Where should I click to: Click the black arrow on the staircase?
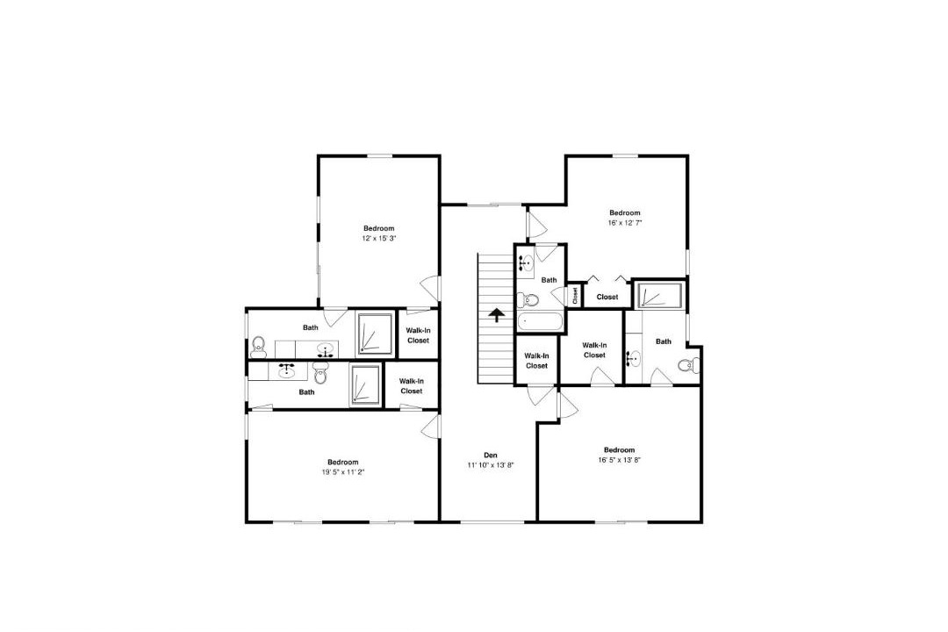[x=496, y=315]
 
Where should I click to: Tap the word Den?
[x=491, y=455]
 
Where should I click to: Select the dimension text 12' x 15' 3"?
[x=379, y=238]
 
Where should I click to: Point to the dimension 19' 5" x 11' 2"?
[x=343, y=471]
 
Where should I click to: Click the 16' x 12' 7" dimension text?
[x=625, y=223]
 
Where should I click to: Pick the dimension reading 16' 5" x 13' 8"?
[x=619, y=460]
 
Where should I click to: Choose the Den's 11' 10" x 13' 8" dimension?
[x=491, y=465]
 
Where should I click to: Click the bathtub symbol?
[x=541, y=321]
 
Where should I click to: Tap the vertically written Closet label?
[x=575, y=295]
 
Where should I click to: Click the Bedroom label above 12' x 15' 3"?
[x=379, y=228]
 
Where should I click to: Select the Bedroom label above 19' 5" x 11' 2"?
[x=343, y=462]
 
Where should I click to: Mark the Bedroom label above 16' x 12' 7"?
[x=625, y=213]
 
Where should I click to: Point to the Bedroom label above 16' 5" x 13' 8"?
[x=619, y=450]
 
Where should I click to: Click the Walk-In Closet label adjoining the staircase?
[x=536, y=361]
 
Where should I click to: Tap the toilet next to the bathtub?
[x=528, y=299]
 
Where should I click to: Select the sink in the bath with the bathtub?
[x=525, y=263]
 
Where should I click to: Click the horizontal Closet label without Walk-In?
[x=607, y=297]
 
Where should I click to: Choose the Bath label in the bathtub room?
[x=549, y=280]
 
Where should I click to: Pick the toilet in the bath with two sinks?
[x=258, y=345]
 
